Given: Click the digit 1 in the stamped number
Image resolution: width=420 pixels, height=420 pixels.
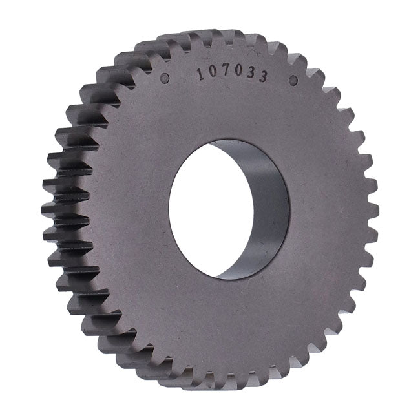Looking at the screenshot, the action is (200, 74).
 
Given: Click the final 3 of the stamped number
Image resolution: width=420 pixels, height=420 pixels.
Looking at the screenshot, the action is (264, 77).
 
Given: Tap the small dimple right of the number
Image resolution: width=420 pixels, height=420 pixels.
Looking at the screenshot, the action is (293, 80).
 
